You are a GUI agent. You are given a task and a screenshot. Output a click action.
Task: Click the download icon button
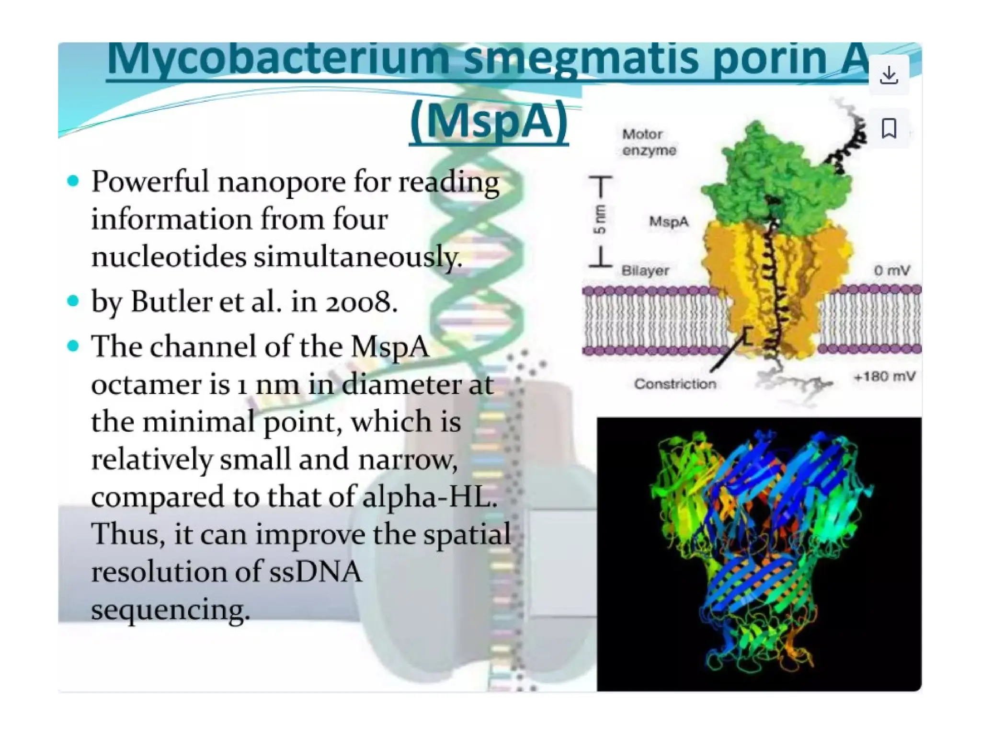889,75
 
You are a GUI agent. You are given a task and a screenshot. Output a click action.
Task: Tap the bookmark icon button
889,128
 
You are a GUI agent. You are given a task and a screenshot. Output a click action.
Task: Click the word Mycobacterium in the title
278,58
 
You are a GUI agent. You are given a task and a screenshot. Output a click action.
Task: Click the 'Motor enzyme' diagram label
649,142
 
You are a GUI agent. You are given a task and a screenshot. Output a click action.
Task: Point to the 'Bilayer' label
645,271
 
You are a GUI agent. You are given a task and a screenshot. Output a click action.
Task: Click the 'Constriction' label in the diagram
675,384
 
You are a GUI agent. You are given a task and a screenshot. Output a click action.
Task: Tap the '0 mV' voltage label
891,271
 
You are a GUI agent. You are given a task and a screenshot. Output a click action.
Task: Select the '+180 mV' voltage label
884,377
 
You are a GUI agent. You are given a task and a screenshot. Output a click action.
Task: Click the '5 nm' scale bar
600,221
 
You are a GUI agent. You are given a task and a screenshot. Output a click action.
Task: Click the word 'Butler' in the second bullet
171,302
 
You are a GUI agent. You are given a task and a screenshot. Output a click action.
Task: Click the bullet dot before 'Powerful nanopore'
73,181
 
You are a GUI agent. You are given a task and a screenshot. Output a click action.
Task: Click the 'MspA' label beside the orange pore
669,222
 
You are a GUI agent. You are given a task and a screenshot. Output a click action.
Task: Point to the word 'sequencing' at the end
170,610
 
